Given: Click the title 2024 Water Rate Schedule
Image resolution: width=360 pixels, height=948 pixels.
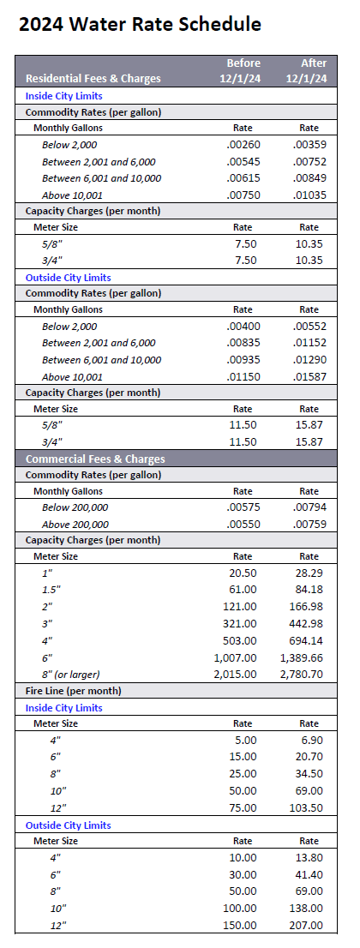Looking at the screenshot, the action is tap(140, 25).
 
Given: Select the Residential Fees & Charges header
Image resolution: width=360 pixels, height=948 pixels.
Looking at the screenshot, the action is tap(93, 79).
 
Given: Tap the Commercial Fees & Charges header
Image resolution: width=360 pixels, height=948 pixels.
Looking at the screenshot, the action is tap(94, 459).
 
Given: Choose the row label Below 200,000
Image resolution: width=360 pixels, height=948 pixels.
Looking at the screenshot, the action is tap(75, 507).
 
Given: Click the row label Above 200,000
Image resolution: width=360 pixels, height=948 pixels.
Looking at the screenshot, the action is tap(75, 524).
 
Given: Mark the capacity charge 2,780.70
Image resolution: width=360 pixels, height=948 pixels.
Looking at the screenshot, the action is tap(301, 674).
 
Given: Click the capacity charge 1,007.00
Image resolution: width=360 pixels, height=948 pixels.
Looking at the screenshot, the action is tap(235, 657).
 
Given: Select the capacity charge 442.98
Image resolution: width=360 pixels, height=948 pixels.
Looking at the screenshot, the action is tap(306, 624).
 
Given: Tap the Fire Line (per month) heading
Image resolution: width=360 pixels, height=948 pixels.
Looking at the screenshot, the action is tap(73, 691).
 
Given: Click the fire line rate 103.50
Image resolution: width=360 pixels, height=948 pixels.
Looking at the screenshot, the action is tap(306, 807).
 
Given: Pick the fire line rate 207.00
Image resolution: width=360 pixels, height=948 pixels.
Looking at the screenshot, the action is tap(306, 925).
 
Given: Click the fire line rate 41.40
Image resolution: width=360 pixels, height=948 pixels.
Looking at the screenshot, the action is tap(309, 875).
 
